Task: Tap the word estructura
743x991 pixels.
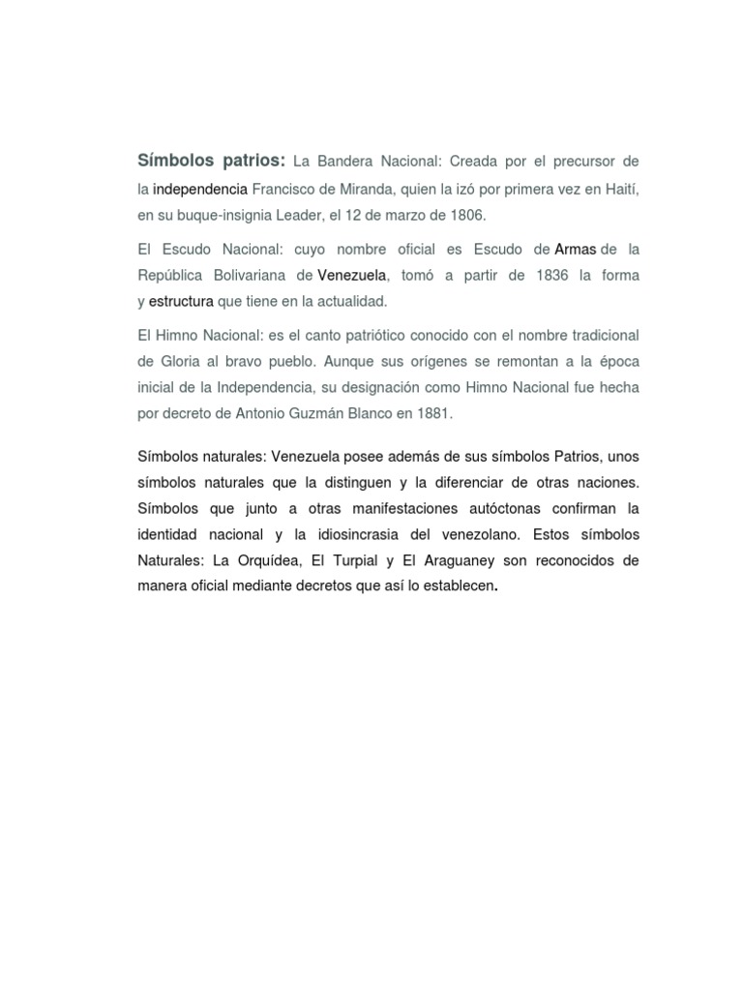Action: point(181,302)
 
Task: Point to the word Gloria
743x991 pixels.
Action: point(159,361)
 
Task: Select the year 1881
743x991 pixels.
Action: point(431,413)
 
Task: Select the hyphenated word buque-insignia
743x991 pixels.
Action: point(202,214)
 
